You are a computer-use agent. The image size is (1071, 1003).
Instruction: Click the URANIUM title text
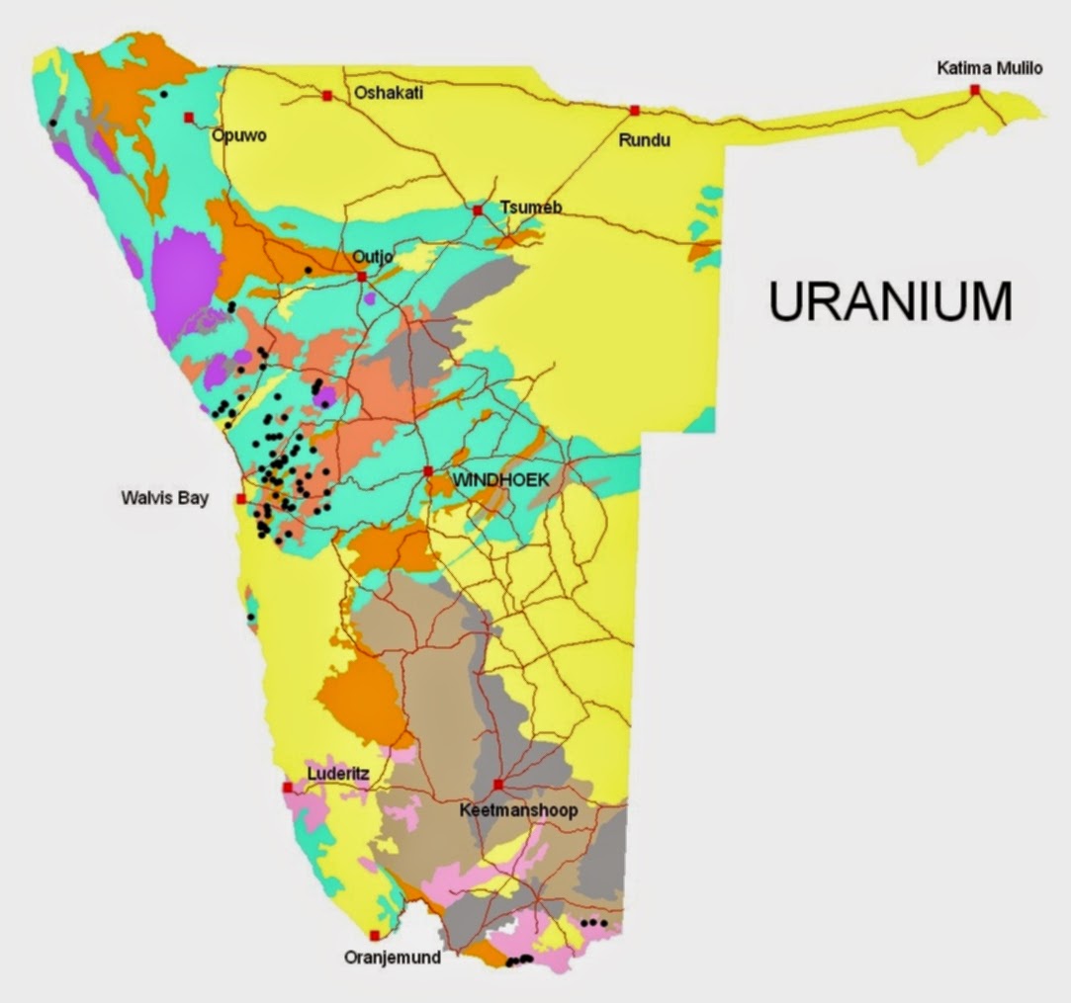click(x=890, y=301)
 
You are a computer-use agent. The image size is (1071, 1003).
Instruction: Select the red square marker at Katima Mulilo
click(x=975, y=90)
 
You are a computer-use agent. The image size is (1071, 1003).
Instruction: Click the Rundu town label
click(x=644, y=140)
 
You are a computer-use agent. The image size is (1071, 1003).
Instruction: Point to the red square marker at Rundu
click(x=635, y=110)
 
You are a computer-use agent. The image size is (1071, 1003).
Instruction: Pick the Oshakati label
click(x=389, y=93)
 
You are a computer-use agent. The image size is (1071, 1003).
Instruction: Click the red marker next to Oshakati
click(x=326, y=96)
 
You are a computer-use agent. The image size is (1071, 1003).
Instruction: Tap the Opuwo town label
click(x=239, y=135)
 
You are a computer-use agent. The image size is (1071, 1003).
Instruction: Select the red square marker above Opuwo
click(x=189, y=118)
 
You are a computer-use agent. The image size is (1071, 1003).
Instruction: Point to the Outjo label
click(x=374, y=257)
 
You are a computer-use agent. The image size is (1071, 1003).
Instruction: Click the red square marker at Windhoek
click(x=428, y=471)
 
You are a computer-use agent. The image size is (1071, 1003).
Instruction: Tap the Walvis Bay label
click(x=164, y=498)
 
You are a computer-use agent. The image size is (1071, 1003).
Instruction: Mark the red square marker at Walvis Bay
click(x=241, y=499)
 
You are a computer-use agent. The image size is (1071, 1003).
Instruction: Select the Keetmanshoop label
click(x=518, y=810)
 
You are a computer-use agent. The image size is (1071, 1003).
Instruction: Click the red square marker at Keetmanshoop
click(x=498, y=785)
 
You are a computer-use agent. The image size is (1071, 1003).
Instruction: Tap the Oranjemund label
click(x=392, y=957)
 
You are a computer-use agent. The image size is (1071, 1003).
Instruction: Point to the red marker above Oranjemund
click(x=375, y=935)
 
